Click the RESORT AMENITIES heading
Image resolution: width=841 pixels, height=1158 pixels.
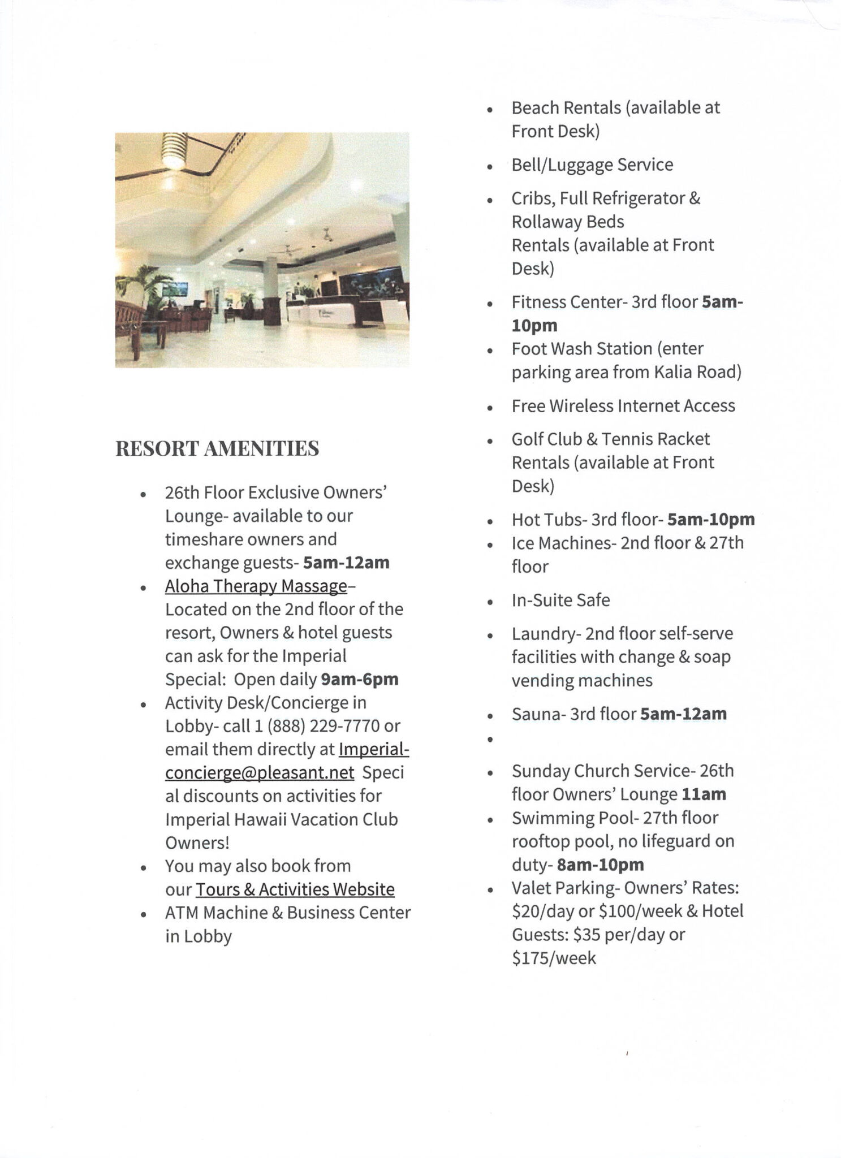[x=217, y=448]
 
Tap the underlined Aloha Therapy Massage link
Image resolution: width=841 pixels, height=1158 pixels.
[x=256, y=586]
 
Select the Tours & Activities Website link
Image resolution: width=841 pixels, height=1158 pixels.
[x=295, y=889]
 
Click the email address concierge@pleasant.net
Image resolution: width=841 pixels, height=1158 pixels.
[x=260, y=772]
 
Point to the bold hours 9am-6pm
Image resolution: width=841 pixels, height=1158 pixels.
[x=359, y=679]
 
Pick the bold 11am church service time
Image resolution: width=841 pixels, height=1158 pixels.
[x=704, y=794]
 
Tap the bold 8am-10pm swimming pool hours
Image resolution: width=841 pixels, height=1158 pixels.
[x=600, y=865]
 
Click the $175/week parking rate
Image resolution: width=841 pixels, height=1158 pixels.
[x=554, y=958]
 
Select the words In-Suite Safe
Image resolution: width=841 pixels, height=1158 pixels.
[x=560, y=600]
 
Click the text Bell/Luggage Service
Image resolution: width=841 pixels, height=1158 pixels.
[x=592, y=165]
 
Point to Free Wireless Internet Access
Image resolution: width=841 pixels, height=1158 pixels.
[x=623, y=406]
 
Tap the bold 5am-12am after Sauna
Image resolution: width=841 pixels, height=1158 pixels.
[x=683, y=714]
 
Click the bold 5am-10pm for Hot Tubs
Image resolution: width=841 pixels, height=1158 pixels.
[x=711, y=520]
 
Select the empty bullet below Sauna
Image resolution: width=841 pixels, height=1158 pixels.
[x=490, y=739]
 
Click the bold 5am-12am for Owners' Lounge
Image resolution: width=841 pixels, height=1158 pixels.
[x=346, y=563]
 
